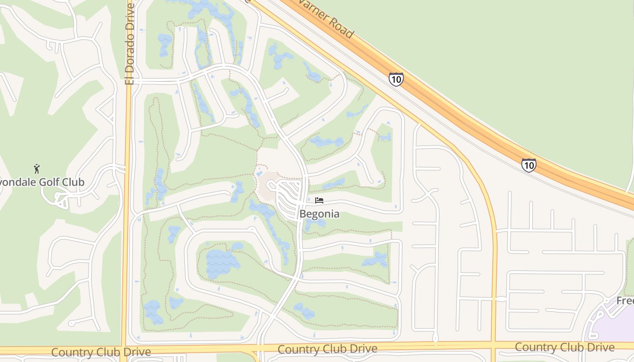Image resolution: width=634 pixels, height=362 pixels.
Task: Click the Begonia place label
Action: coord(319,214)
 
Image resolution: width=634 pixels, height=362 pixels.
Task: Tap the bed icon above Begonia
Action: coord(319,200)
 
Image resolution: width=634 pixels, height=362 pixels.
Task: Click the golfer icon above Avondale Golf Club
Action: coord(37,169)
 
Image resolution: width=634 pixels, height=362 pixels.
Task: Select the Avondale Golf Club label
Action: coord(43,182)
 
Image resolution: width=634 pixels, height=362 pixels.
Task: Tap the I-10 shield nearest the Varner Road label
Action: coord(396,80)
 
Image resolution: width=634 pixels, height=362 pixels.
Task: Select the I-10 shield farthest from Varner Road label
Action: coord(528,165)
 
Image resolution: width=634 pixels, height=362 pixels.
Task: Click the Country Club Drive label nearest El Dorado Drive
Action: coord(101,352)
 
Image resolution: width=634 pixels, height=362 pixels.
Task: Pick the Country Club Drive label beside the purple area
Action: coord(565,348)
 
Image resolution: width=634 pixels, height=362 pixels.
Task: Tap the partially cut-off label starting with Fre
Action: coord(625,301)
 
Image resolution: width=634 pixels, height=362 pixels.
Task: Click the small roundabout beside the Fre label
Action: coord(606,300)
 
